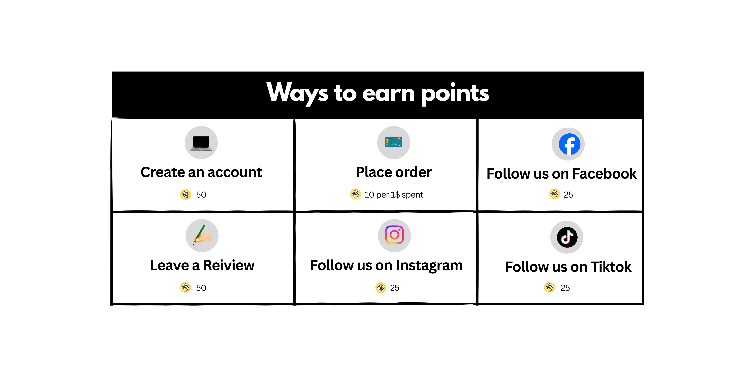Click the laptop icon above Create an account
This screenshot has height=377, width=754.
pyautogui.click(x=201, y=143)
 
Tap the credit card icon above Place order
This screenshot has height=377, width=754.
pyautogui.click(x=393, y=142)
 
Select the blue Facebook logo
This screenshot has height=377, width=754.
pyautogui.click(x=569, y=144)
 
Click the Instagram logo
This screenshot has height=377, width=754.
pyautogui.click(x=394, y=235)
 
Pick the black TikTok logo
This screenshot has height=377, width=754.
pyautogui.click(x=567, y=237)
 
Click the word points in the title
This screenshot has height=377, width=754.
pyautogui.click(x=455, y=94)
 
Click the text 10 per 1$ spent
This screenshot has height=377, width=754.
pyautogui.click(x=394, y=195)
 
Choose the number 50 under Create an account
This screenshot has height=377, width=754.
pyautogui.click(x=201, y=195)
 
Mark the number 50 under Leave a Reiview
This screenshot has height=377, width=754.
pyautogui.click(x=201, y=288)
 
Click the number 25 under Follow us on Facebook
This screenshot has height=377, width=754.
pyautogui.click(x=568, y=195)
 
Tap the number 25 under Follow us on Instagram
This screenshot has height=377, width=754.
pyautogui.click(x=395, y=288)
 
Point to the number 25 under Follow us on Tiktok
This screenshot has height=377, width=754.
pyautogui.click(x=565, y=288)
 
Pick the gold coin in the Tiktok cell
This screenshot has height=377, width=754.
pyautogui.click(x=549, y=287)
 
